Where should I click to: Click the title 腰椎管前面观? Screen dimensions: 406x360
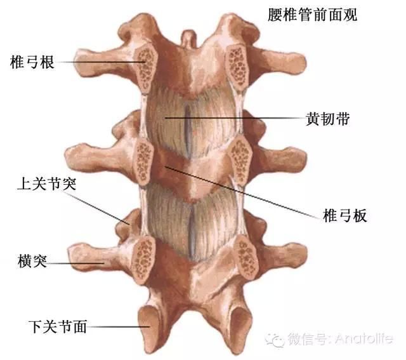312,15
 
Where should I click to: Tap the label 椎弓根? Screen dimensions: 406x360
32,62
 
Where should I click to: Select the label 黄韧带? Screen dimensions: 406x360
328,119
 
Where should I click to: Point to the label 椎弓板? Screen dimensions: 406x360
345,215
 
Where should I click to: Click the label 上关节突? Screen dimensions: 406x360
47,184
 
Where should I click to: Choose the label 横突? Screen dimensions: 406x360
32,261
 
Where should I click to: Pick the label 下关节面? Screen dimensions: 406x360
58,326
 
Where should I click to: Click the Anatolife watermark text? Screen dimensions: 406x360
364,338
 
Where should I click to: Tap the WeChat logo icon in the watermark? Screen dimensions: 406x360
275,339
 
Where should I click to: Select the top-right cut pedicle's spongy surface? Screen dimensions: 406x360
237,67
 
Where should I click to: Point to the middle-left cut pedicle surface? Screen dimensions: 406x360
143,161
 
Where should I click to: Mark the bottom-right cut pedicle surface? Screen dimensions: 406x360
246,257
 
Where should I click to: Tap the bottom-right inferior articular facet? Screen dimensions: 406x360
240,327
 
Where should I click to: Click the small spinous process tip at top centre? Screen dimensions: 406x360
189,38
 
